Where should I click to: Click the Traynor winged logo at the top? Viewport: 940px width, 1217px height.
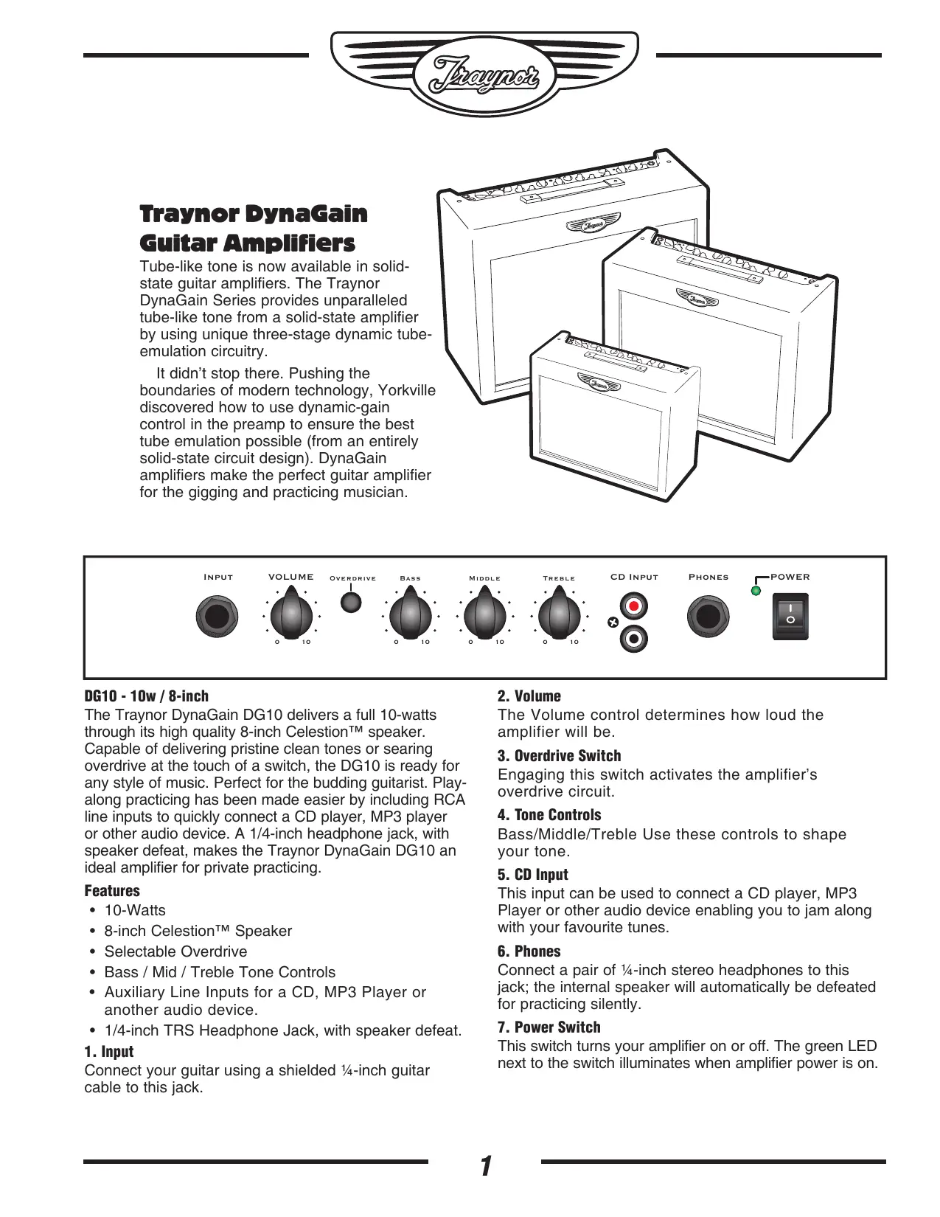[x=484, y=74]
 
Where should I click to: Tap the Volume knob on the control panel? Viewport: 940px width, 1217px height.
[x=291, y=614]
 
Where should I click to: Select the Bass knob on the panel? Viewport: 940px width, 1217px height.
[x=410, y=615]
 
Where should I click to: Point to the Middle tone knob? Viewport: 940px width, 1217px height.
[x=484, y=615]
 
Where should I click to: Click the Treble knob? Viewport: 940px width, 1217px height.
[x=559, y=615]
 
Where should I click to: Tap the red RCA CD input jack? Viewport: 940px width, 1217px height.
[x=633, y=607]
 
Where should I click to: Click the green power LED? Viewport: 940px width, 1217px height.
[x=756, y=591]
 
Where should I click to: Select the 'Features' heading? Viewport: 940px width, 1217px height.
[x=112, y=891]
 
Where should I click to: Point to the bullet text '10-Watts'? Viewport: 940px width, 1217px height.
[x=135, y=910]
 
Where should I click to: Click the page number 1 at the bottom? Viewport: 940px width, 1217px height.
[x=485, y=1167]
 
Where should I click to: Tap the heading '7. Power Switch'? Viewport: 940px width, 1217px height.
[x=549, y=1027]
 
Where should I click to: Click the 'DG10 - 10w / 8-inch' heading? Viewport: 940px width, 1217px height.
[x=147, y=696]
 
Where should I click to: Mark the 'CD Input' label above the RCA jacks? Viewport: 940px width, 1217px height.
[x=634, y=577]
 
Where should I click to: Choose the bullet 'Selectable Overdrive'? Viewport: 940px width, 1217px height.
[x=175, y=951]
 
